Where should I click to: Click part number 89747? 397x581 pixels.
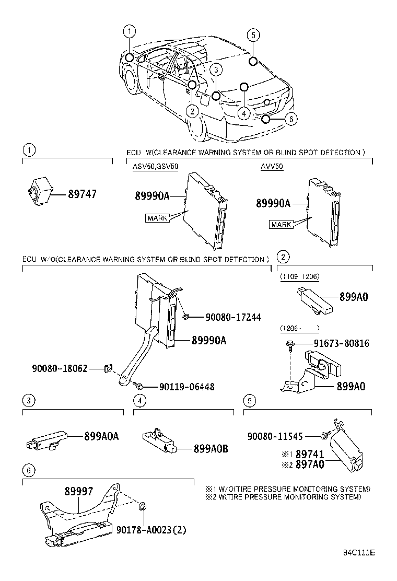[x=82, y=194]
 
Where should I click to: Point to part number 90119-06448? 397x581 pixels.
[x=179, y=387]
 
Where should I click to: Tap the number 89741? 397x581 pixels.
[x=310, y=455]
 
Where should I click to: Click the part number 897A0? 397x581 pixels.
[x=310, y=465]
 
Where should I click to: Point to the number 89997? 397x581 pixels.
[x=79, y=492]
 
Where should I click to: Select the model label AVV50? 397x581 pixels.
[x=272, y=167]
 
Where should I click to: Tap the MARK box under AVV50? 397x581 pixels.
[x=281, y=225]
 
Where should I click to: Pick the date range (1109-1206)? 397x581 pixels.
[x=300, y=277]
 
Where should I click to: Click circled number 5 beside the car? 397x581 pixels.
[x=252, y=36]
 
